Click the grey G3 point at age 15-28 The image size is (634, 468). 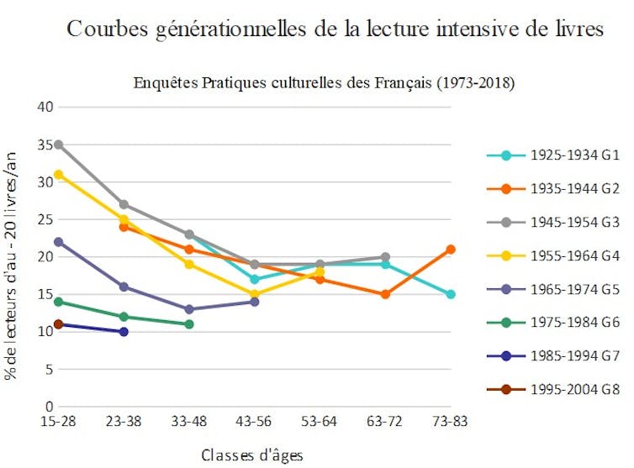[x=58, y=145]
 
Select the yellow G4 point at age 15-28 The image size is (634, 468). [x=58, y=175]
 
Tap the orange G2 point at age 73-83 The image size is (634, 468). [x=451, y=250]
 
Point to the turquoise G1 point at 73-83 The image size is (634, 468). [x=451, y=294]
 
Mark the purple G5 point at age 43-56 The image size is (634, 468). [x=255, y=302]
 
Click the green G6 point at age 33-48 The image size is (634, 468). [x=189, y=324]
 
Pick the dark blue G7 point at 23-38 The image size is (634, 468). [x=124, y=332]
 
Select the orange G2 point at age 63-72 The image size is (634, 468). [x=385, y=294]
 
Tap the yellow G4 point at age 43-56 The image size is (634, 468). [x=255, y=294]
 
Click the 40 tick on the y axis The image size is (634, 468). [x=45, y=108]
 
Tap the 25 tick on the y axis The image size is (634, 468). [x=45, y=219]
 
